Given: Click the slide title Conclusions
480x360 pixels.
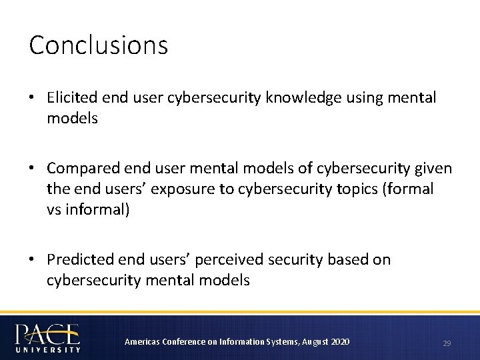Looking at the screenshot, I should [99, 45].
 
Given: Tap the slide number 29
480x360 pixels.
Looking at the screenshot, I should [447, 343].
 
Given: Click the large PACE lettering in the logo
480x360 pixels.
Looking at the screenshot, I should [47, 333].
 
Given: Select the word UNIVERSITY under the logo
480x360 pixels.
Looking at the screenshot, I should [47, 348].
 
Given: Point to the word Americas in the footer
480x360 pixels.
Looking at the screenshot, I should [141, 342].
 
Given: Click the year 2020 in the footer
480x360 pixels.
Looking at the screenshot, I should [339, 342].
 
